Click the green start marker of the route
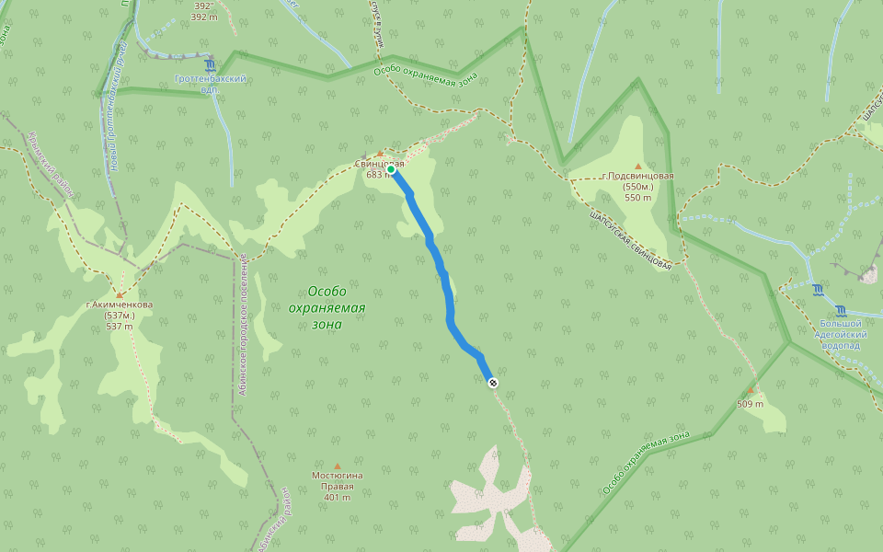pos(391,170)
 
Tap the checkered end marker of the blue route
pos(493,383)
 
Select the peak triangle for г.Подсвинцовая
pos(638,167)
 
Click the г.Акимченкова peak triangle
pos(120,295)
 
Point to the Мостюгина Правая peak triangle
pos(338,466)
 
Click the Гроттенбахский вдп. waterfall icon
pos(211,66)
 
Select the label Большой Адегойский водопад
pos(841,334)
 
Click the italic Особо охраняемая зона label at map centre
pos(327,307)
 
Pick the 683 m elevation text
pos(378,175)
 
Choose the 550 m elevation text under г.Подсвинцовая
pos(638,198)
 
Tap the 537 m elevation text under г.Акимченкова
pos(120,327)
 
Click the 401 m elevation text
pos(338,498)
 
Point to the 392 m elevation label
pos(202,16)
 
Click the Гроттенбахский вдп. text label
pos(211,84)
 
